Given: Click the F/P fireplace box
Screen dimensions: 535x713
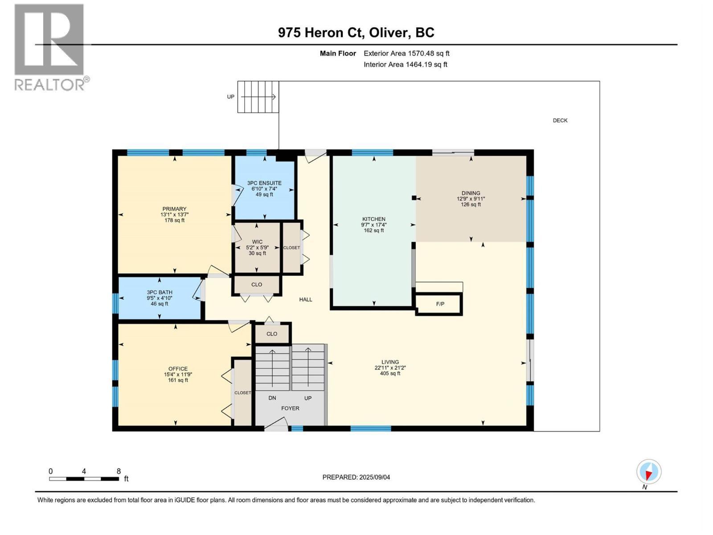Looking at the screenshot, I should click(439, 304).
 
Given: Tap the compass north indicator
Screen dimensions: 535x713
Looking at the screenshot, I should click(649, 472).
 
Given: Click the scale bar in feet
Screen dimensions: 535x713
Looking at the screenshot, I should click(84, 479).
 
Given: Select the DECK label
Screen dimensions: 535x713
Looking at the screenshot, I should click(560, 120).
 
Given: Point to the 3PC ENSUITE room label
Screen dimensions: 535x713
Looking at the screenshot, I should click(264, 183).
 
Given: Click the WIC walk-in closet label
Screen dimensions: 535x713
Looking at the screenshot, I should click(257, 242).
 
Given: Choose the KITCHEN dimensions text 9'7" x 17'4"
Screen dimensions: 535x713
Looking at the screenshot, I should click(373, 225).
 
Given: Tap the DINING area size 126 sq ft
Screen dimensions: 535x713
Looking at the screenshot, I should click(471, 205).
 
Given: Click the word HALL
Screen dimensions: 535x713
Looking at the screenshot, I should click(306, 300).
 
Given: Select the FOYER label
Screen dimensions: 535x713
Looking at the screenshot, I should click(290, 408).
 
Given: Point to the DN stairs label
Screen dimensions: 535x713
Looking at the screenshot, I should click(272, 398).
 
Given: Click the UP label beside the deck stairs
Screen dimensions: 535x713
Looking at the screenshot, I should click(230, 97).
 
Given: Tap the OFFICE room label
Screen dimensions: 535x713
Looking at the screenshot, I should click(178, 369).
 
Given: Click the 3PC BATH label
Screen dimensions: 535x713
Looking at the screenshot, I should click(160, 292).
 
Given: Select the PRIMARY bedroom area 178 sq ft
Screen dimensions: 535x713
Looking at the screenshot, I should click(174, 220).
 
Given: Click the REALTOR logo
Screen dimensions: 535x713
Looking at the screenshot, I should click(50, 47).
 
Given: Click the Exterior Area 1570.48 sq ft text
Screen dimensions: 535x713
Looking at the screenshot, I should click(406, 53).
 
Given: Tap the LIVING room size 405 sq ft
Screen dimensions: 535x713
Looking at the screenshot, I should click(390, 374).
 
